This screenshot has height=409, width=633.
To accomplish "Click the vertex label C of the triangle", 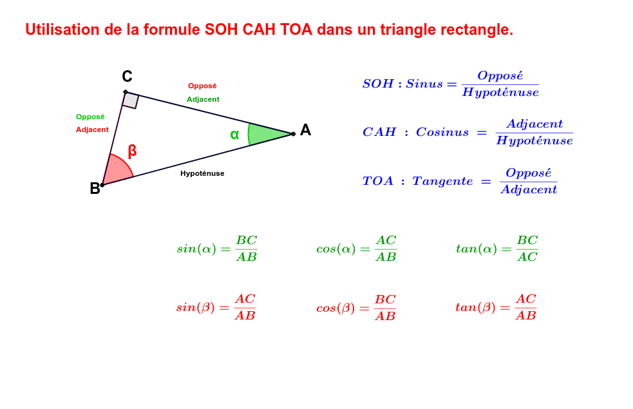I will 127,77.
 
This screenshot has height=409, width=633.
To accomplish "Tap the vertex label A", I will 305,130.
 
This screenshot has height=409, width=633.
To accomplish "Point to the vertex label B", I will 95,189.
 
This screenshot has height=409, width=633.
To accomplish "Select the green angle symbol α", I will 234,135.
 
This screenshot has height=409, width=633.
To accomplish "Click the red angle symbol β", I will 132,151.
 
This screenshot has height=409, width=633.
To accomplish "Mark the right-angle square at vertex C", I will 131,100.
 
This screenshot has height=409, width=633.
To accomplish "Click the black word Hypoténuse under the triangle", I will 202,173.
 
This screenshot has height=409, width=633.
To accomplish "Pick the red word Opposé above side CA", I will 202,86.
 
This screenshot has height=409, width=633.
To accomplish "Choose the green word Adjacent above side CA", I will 203,99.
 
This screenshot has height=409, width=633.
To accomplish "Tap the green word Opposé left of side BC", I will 90,117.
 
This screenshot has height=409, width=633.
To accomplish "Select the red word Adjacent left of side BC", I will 92,129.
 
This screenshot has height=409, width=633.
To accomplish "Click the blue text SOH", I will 378,84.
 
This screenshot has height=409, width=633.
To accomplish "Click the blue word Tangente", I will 442,181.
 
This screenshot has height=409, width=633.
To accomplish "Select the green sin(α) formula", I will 217,249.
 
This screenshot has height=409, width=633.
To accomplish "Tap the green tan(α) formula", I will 496,249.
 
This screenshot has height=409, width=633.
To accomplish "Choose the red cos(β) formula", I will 355,308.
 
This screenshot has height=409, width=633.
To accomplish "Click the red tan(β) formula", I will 495,307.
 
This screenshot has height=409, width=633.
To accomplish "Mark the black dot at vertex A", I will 293,134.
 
